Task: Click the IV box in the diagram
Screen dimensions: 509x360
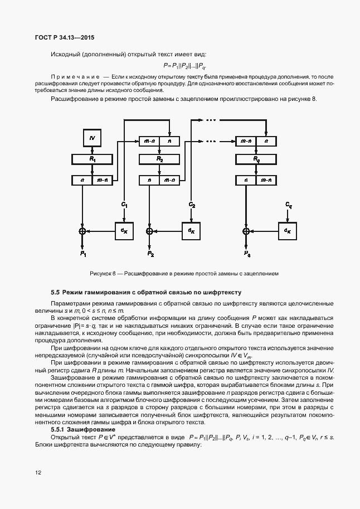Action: [x=93, y=136]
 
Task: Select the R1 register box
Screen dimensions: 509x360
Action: [x=93, y=159]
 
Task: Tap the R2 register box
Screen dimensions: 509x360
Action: [x=159, y=159]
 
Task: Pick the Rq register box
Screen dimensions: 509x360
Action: [x=256, y=159]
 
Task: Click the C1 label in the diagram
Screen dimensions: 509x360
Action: [x=124, y=205]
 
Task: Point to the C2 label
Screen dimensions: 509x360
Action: [x=191, y=205]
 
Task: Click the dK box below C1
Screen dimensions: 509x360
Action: [x=124, y=230]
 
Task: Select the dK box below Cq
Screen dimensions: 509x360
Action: [x=288, y=230]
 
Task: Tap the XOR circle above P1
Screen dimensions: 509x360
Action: [x=82, y=230]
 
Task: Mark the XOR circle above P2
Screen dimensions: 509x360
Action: [x=149, y=230]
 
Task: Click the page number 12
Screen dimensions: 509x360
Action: [x=38, y=472]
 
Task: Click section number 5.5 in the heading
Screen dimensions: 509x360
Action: [x=55, y=292]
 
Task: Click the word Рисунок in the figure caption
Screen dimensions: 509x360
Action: [x=101, y=274]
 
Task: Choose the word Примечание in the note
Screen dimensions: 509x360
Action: [x=75, y=75]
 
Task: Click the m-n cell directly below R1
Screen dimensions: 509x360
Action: [x=103, y=180]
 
